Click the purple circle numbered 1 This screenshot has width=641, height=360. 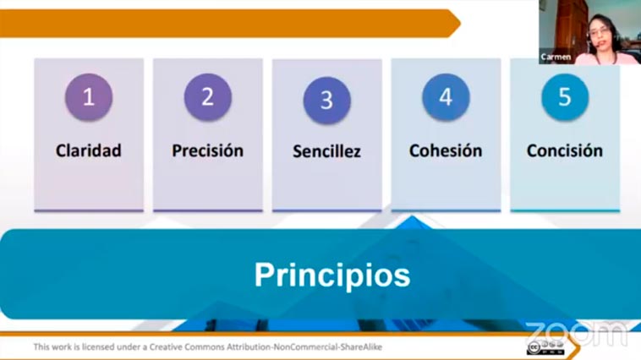[x=89, y=97]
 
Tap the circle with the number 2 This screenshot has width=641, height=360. [x=208, y=97]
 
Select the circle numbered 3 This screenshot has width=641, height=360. [x=326, y=100]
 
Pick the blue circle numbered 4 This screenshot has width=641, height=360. [x=446, y=97]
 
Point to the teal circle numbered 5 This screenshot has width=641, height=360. [x=565, y=97]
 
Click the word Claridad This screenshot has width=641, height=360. [x=89, y=150]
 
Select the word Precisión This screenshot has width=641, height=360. [x=208, y=150]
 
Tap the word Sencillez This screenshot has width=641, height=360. [x=326, y=151]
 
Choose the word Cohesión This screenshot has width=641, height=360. [x=446, y=150]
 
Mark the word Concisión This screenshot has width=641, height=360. [x=565, y=150]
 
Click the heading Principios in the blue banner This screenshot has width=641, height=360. [x=332, y=275]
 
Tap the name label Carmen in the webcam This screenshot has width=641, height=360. [x=556, y=57]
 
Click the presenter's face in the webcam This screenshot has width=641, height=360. [x=600, y=32]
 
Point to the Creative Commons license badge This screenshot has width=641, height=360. [x=545, y=348]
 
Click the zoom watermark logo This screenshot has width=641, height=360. [x=577, y=334]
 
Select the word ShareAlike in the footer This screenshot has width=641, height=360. [x=361, y=347]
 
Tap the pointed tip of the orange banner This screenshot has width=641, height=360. [x=460, y=24]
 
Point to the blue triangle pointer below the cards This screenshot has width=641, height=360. [x=412, y=222]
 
